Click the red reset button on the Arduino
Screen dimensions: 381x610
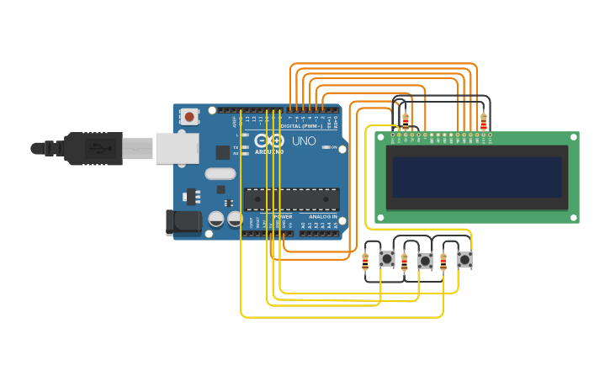coord(190,117)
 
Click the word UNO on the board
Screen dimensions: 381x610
coord(303,141)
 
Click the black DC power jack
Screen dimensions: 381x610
coord(184,222)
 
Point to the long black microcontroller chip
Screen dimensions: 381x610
coord(291,199)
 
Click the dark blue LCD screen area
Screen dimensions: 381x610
coord(476,177)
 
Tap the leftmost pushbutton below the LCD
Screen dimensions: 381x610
coord(386,259)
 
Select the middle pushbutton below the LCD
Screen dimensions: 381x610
coord(425,261)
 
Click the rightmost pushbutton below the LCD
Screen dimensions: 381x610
coord(464,259)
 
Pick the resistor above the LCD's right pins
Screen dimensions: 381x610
coord(483,121)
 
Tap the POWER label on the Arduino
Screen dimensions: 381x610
coord(283,217)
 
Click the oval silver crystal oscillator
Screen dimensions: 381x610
coord(220,175)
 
